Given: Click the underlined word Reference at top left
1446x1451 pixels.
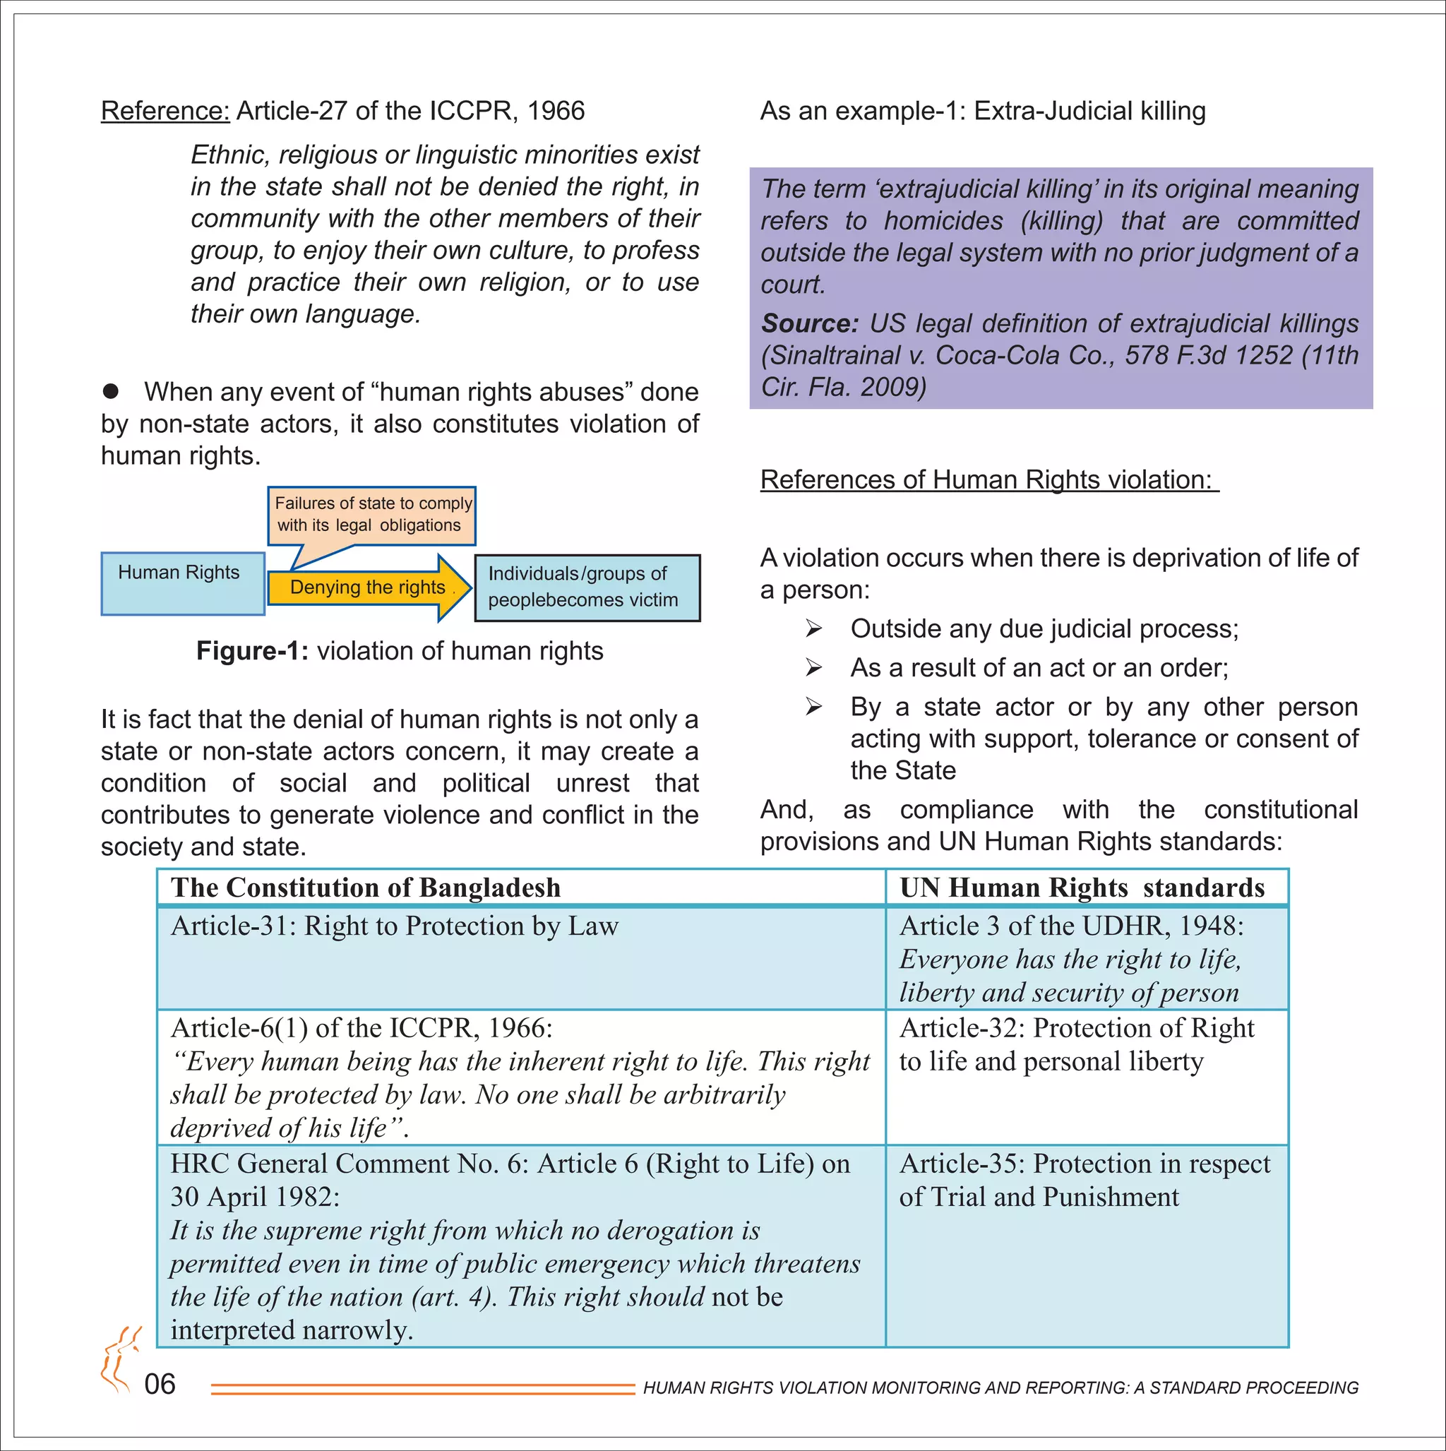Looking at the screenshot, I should pos(165,111).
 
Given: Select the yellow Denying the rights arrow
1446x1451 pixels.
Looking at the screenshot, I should pos(368,588).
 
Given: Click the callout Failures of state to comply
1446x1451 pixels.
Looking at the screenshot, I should pos(372,515).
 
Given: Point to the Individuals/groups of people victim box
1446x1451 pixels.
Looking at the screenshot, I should pos(587,587).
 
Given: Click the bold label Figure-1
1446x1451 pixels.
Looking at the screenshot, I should pos(251,651).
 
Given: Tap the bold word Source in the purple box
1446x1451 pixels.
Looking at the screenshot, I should pos(809,323).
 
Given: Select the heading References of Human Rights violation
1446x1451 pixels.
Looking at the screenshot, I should pos(988,480).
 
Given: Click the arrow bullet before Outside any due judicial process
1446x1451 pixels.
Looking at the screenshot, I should pos(813,628).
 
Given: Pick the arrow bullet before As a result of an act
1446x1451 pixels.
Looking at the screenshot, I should pos(813,668).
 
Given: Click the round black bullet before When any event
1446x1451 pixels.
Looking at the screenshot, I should pos(110,391).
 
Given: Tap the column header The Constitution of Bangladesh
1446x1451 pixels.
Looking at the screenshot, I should pos(366,888).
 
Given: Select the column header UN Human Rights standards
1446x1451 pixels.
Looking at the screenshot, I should pos(1082,888).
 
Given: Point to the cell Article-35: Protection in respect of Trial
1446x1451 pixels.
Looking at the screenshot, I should pos(1084,1180).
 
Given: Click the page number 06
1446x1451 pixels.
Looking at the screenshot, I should pos(160,1384).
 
